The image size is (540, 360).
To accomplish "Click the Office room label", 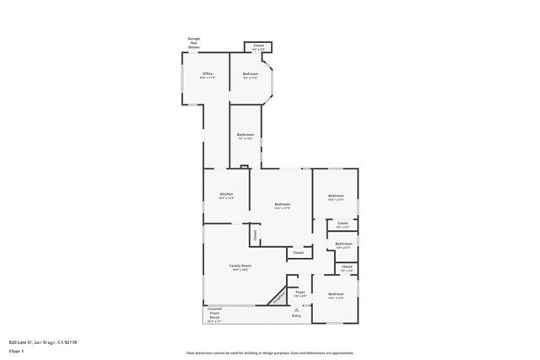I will pyautogui.click(x=207, y=74).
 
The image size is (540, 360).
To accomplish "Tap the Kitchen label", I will pyautogui.click(x=226, y=194).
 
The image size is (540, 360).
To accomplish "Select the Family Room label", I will pyautogui.click(x=241, y=266).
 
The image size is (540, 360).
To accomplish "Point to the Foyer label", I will pyautogui.click(x=300, y=292).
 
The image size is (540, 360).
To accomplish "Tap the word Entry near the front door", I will pyautogui.click(x=296, y=315).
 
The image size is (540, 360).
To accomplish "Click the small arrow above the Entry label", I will pyautogui.click(x=296, y=309).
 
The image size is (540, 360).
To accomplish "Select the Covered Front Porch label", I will pyautogui.click(x=214, y=314).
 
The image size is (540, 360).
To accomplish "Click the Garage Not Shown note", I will pyautogui.click(x=194, y=42).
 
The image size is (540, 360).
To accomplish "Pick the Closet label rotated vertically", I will pyautogui.click(x=254, y=234).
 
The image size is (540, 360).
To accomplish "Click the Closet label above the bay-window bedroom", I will pyautogui.click(x=258, y=46).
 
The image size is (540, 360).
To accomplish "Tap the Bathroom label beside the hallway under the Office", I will pyautogui.click(x=246, y=135).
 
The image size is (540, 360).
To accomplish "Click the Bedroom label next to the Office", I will pyautogui.click(x=251, y=74).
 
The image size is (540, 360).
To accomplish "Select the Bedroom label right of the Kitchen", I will pyautogui.click(x=283, y=204).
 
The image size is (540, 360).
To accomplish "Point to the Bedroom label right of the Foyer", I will pyautogui.click(x=336, y=293).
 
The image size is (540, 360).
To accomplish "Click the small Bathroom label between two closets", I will pyautogui.click(x=343, y=244).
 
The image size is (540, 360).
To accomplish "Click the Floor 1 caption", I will pyautogui.click(x=16, y=351).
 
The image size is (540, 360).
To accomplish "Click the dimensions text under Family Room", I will pyautogui.click(x=241, y=270).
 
